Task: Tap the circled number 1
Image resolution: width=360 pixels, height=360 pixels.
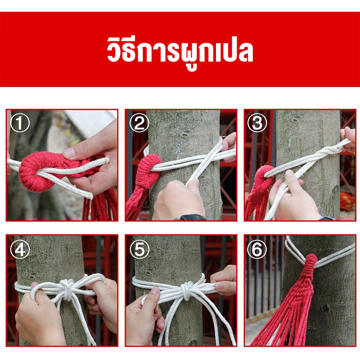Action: coord(20,123)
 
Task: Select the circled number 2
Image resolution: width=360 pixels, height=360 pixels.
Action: coord(139,123)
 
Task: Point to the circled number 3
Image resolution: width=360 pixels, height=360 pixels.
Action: coord(257,123)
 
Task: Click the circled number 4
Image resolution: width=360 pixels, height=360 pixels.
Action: coord(20,249)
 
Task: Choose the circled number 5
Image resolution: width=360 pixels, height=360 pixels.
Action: coord(139,249)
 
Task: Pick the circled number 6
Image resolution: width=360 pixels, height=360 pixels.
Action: coord(257,249)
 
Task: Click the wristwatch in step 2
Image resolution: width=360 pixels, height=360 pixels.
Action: coord(191,217)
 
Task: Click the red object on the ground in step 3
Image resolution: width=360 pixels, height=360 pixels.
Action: coord(346,201)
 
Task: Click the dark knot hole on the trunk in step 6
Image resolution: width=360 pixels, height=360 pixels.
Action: coord(325,308)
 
